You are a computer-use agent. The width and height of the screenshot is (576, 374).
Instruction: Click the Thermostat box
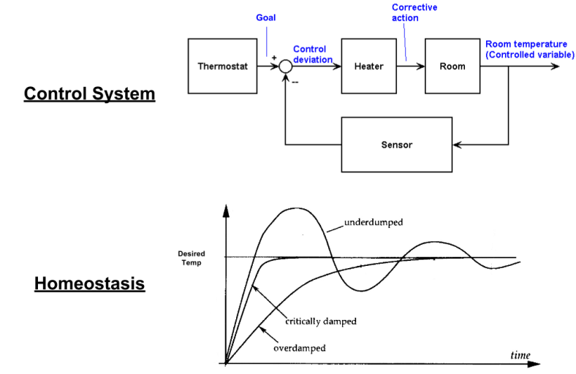(223, 66)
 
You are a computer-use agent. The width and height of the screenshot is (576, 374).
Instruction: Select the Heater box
(368, 66)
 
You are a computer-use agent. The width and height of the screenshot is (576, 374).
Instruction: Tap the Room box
(452, 66)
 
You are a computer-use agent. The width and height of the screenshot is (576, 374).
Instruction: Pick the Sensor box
(397, 145)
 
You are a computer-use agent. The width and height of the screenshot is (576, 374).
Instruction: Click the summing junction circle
(285, 66)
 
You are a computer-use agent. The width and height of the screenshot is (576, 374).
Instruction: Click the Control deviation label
(313, 54)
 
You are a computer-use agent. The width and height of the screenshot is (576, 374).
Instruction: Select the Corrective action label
(414, 12)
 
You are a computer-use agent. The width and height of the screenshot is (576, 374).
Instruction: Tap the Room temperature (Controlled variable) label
(526, 49)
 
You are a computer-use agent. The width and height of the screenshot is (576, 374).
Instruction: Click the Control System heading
(89, 94)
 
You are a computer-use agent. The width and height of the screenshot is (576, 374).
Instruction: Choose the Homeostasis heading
(89, 283)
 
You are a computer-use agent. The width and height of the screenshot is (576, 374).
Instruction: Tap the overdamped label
(299, 348)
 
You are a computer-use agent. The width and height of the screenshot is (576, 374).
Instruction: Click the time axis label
(520, 354)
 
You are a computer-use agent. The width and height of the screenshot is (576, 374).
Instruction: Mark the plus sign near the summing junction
(275, 56)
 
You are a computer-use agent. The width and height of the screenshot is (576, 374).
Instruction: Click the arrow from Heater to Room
(410, 66)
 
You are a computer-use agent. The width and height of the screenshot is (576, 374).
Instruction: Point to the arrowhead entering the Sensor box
(458, 145)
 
